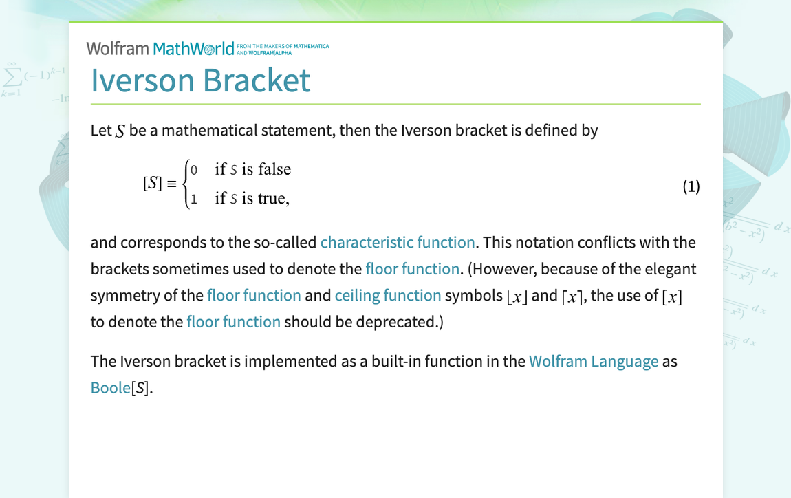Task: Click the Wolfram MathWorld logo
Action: tap(207, 48)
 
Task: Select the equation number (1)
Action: tap(691, 186)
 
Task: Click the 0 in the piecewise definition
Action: tap(194, 170)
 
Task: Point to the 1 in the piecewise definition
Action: tap(194, 199)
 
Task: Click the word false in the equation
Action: tap(274, 169)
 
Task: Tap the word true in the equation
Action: tap(272, 198)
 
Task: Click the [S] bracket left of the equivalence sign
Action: tap(152, 183)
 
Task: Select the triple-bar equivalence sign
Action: tap(172, 184)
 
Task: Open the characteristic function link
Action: tap(398, 242)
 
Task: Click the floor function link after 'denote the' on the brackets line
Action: tap(412, 269)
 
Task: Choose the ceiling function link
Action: tap(388, 295)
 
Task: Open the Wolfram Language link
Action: tap(593, 361)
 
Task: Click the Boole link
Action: tap(111, 387)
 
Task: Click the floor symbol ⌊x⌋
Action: tap(517, 296)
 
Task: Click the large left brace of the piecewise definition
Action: tap(186, 184)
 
